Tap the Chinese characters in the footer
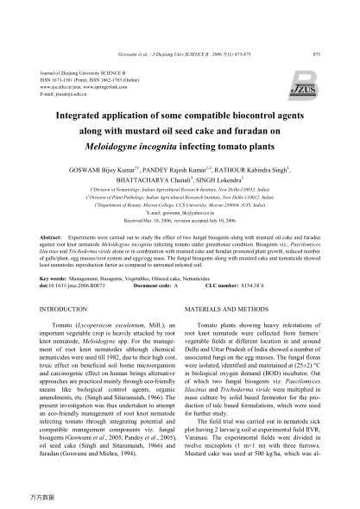39,499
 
